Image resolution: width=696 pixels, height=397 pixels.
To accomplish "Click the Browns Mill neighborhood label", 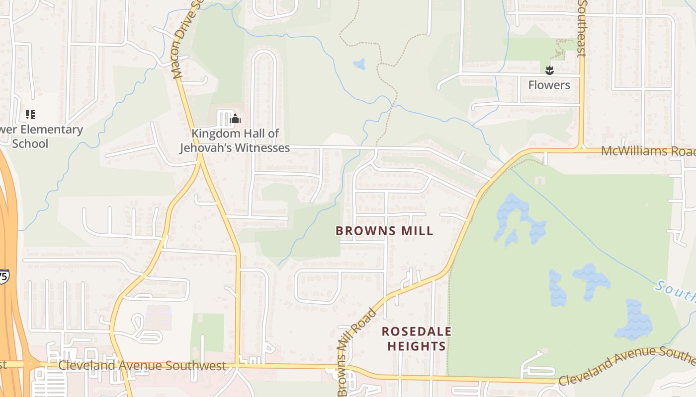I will pos(384,231).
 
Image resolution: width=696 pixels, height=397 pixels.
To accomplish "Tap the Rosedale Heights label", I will pos(417,338).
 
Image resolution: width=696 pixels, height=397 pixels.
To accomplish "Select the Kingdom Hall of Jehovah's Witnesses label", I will pos(235,140).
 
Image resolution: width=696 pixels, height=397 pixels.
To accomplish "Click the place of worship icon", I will pos(236,119).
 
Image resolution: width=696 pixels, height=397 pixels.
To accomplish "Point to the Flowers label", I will pos(549,85).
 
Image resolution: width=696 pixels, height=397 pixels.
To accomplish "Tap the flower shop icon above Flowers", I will pos(549,70).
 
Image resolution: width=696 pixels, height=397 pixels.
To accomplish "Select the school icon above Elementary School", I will pos(30,115).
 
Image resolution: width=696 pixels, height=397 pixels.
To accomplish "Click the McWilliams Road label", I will pos(646,151).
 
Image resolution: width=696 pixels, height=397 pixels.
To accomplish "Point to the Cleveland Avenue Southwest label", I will pos(142,366).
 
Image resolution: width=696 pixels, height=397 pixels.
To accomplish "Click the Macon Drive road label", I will pos(184,40).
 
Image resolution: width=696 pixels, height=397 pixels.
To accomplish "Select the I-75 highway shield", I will pos(3,276).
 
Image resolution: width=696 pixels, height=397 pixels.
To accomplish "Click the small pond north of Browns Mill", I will pos(359,64).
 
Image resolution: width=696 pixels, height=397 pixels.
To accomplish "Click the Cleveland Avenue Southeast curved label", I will pos(626,366).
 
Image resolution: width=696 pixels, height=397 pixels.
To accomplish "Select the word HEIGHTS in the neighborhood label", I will pos(417,346).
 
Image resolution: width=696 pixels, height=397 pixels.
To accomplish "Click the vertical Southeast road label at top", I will pos(583,27).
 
